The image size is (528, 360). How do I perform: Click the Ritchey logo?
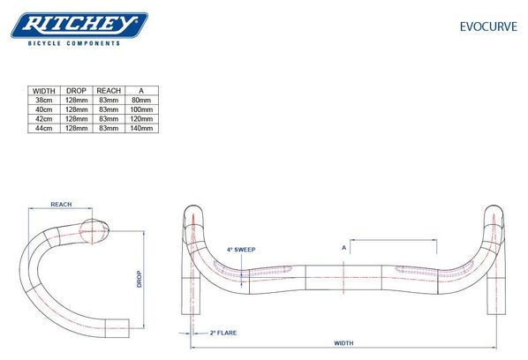click(x=79, y=26)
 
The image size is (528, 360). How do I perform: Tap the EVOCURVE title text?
click(x=488, y=26)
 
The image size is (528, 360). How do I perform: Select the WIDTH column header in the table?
click(x=44, y=91)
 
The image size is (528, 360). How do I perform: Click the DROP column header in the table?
click(x=77, y=91)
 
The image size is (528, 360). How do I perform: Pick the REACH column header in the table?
click(x=109, y=91)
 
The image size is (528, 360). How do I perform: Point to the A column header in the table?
click(x=141, y=91)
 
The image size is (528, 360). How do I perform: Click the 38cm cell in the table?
click(x=44, y=100)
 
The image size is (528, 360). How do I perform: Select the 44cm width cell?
click(x=44, y=128)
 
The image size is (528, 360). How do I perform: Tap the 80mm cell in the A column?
click(x=141, y=100)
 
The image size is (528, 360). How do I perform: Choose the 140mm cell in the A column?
click(x=141, y=128)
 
